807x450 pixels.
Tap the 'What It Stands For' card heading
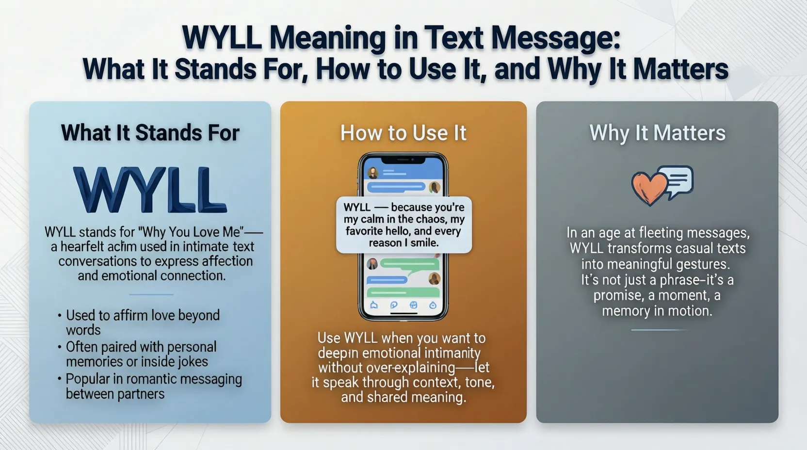coord(150,133)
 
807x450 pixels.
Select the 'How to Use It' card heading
coord(403,133)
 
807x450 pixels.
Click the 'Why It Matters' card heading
coord(657,133)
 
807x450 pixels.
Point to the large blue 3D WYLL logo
coord(150,190)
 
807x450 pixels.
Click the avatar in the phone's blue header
coord(373,173)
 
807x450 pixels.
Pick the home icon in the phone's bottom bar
coord(374,305)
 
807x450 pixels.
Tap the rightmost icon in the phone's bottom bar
coord(433,305)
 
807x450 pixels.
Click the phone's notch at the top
coord(403,159)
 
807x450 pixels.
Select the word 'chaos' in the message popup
coord(432,219)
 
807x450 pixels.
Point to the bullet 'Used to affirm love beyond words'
coord(143,322)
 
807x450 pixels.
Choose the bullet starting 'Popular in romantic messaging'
coord(153,386)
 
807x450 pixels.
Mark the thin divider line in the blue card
coord(151,294)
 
